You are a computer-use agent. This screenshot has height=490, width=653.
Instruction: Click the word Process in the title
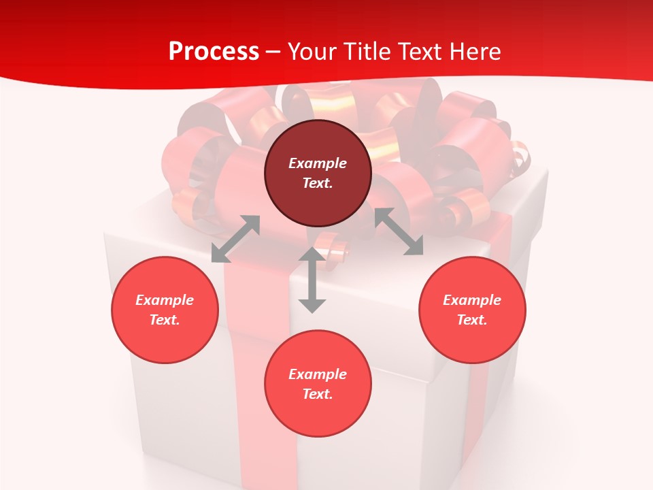pos(214,52)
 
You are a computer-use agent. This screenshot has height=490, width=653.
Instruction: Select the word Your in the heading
pos(311,52)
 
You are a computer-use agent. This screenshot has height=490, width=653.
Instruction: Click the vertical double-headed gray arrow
pos(312,280)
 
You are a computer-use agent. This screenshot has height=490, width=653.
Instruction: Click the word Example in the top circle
pos(318,163)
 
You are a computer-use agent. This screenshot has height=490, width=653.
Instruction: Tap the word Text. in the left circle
pos(165,320)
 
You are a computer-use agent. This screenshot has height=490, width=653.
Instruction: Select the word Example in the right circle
pos(472,300)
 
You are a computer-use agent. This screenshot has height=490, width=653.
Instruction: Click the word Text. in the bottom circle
pos(318,394)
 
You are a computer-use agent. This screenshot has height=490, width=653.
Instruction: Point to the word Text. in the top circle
pos(318,183)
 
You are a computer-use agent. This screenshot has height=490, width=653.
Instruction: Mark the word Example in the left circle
pos(165,300)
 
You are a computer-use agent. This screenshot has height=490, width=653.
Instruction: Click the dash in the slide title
pos(273,52)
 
